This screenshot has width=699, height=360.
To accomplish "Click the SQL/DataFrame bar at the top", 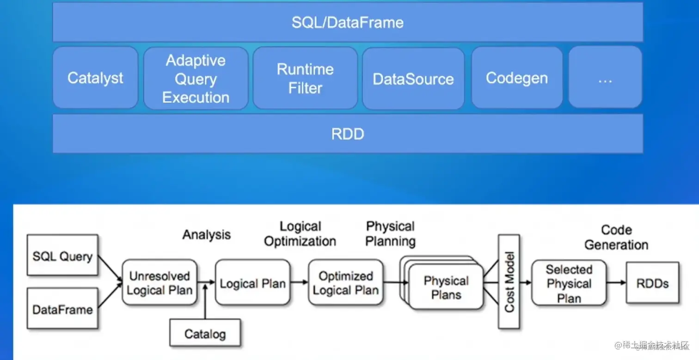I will (x=348, y=22).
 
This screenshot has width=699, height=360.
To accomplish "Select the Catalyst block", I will (x=95, y=78).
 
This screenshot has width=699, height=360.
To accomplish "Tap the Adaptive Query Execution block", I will (x=196, y=79).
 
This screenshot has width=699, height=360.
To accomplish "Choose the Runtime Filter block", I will (x=305, y=79).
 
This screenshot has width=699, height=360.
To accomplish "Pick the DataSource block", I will (x=413, y=79).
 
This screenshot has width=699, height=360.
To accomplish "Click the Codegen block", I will (x=517, y=78).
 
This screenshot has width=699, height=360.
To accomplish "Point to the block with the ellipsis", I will (x=605, y=78).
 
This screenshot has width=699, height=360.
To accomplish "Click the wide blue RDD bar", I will (x=348, y=134).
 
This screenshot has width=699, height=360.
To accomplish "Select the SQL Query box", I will (x=62, y=256).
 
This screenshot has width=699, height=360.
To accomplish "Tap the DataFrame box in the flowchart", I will (x=62, y=309).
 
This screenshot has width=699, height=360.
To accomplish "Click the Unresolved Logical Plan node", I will (x=159, y=283).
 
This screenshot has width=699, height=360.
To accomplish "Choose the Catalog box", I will (x=205, y=333).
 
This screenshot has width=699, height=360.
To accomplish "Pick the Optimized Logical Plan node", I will (x=346, y=283).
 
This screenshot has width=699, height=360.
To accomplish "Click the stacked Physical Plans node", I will (x=446, y=287).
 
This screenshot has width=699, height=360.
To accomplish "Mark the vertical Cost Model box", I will (x=509, y=282).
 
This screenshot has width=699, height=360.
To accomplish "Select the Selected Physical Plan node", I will (x=569, y=283).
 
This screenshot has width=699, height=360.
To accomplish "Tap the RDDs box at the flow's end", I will (x=652, y=283).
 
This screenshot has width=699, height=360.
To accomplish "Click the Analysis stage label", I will (x=207, y=235).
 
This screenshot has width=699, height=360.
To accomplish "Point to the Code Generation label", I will (x=616, y=237).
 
